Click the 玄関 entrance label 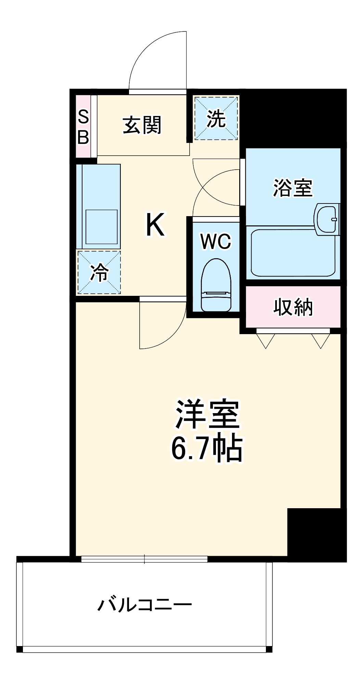(x=142, y=125)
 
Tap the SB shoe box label (x=83, y=127)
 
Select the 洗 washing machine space (x=216, y=118)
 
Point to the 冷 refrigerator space (x=99, y=273)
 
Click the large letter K (x=155, y=224)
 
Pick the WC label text (x=216, y=241)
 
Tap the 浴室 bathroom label (x=293, y=188)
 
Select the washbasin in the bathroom (x=327, y=219)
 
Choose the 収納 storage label (x=293, y=307)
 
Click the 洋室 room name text (x=207, y=414)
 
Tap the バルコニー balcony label (x=145, y=605)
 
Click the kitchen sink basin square (x=101, y=226)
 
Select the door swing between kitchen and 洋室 (x=161, y=328)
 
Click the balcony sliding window (x=144, y=559)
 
